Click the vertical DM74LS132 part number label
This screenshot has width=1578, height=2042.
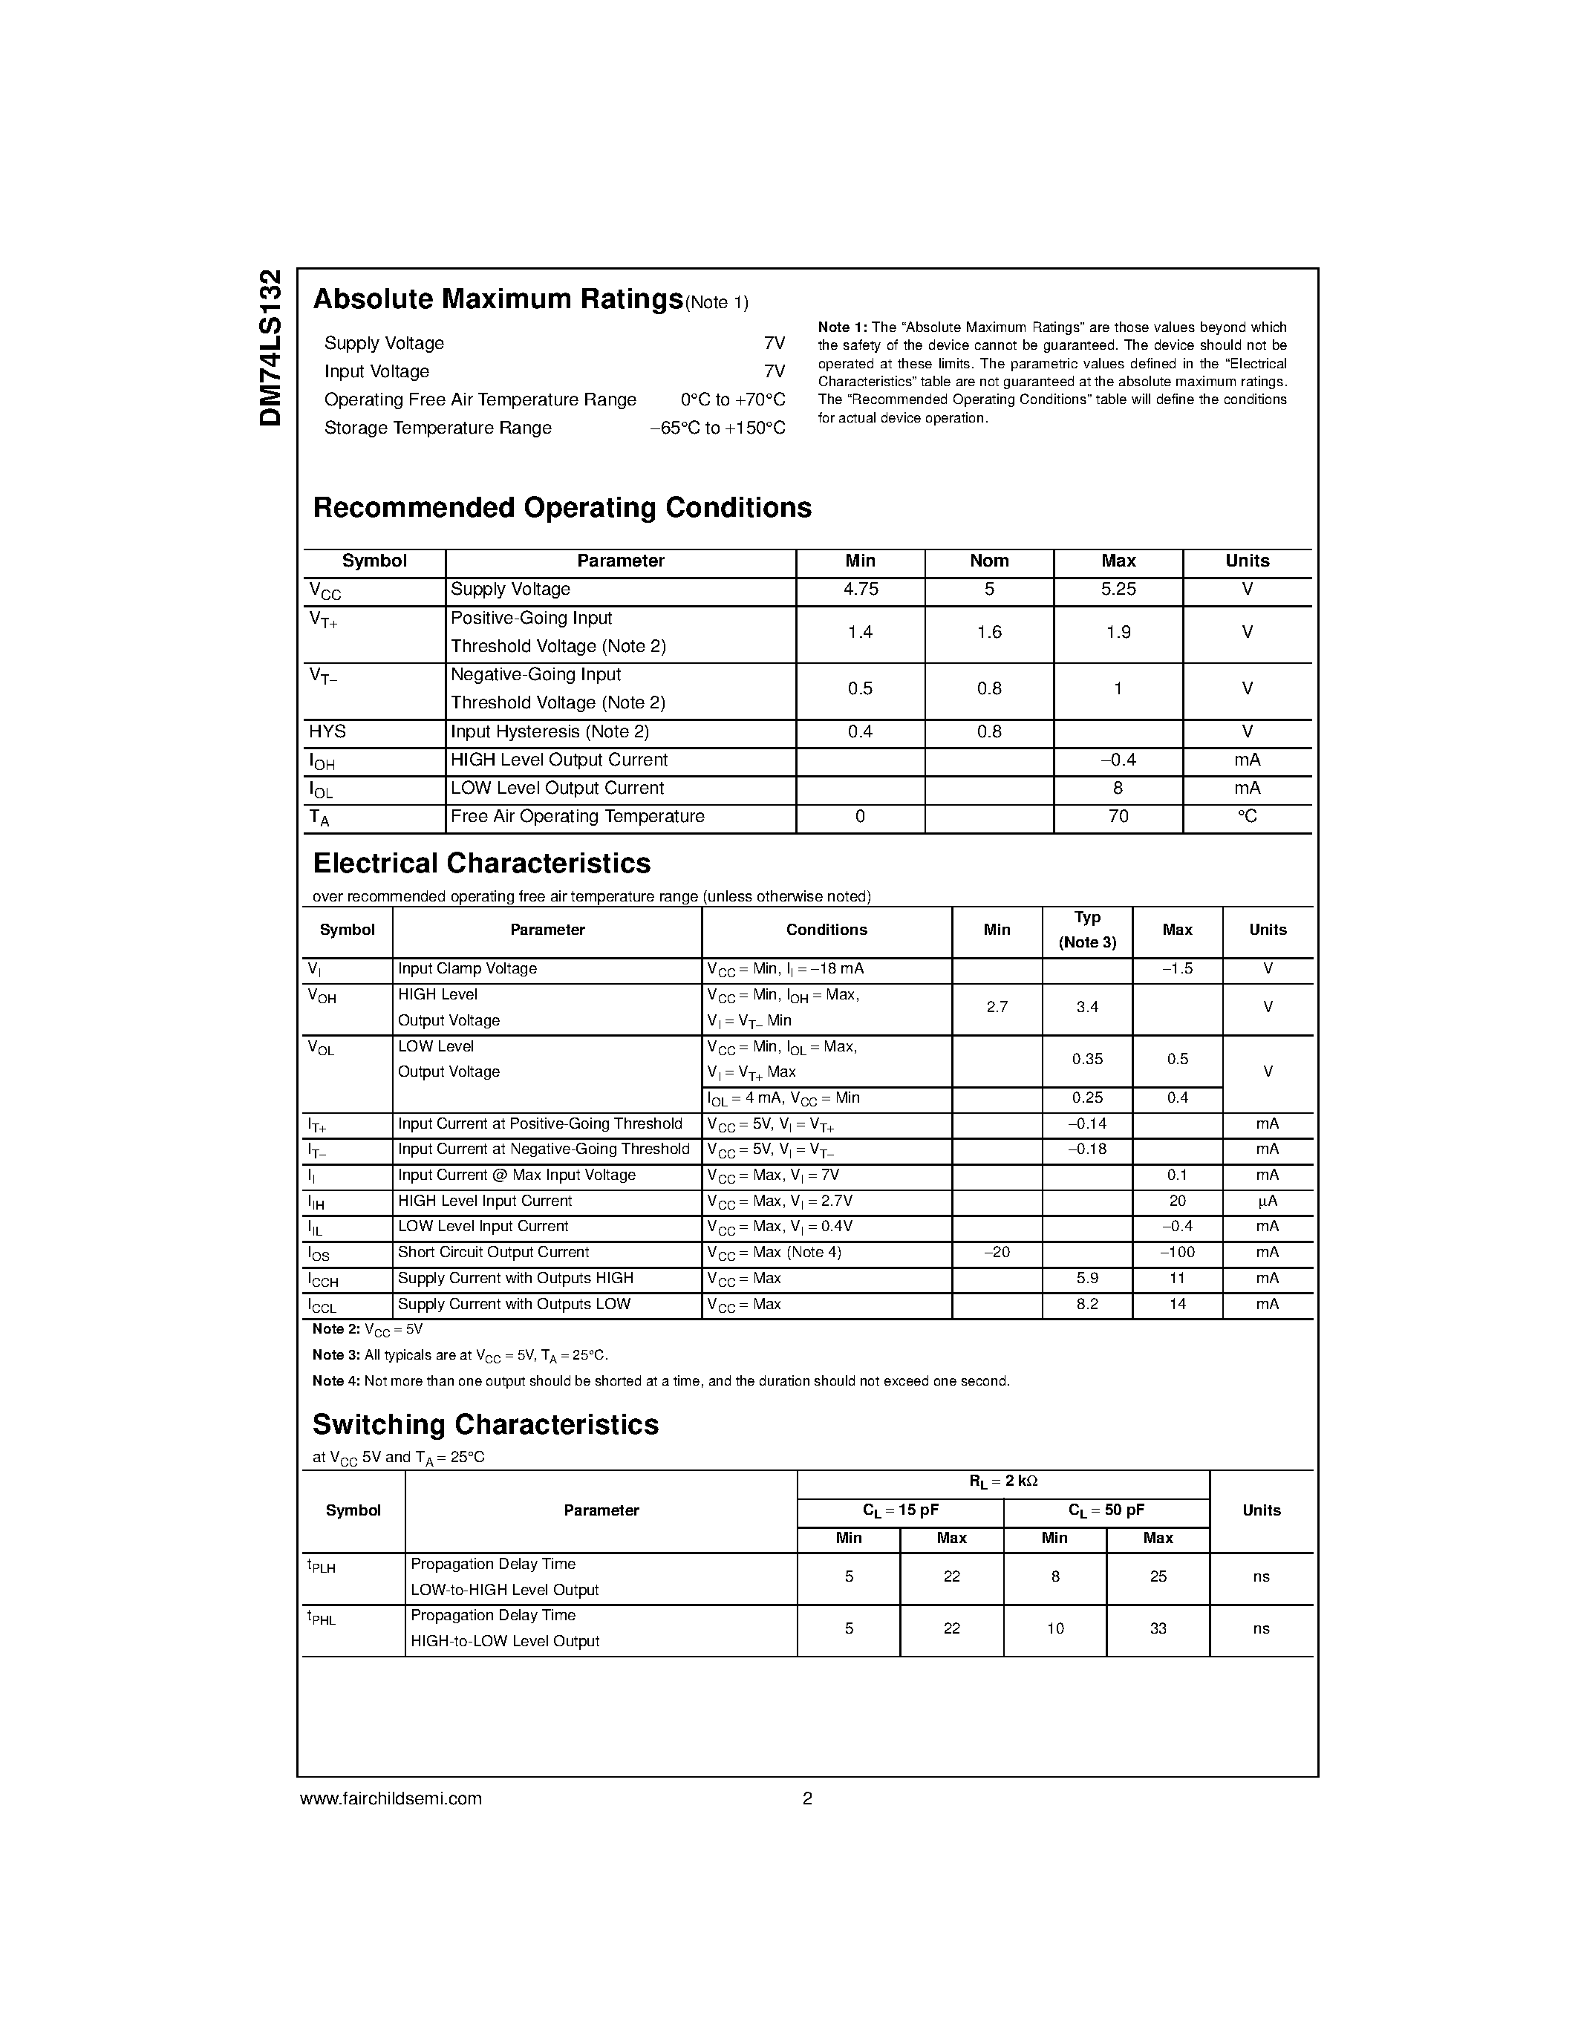(x=270, y=348)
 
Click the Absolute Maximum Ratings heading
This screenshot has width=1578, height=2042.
(x=498, y=299)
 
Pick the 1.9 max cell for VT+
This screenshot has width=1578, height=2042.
(x=1118, y=633)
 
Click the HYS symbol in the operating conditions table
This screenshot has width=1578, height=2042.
(x=327, y=732)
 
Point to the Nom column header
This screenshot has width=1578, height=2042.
(x=989, y=561)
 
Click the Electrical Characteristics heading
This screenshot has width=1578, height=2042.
(x=481, y=863)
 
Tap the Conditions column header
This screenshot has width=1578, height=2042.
(x=827, y=930)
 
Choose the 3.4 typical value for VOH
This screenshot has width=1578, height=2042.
(x=1087, y=1008)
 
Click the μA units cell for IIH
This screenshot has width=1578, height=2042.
(x=1268, y=1201)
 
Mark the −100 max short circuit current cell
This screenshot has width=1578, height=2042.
(x=1177, y=1253)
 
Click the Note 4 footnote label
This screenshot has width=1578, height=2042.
(x=335, y=1382)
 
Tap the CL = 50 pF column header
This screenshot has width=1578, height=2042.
(x=1106, y=1511)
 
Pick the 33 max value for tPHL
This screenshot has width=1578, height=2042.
(x=1158, y=1628)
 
